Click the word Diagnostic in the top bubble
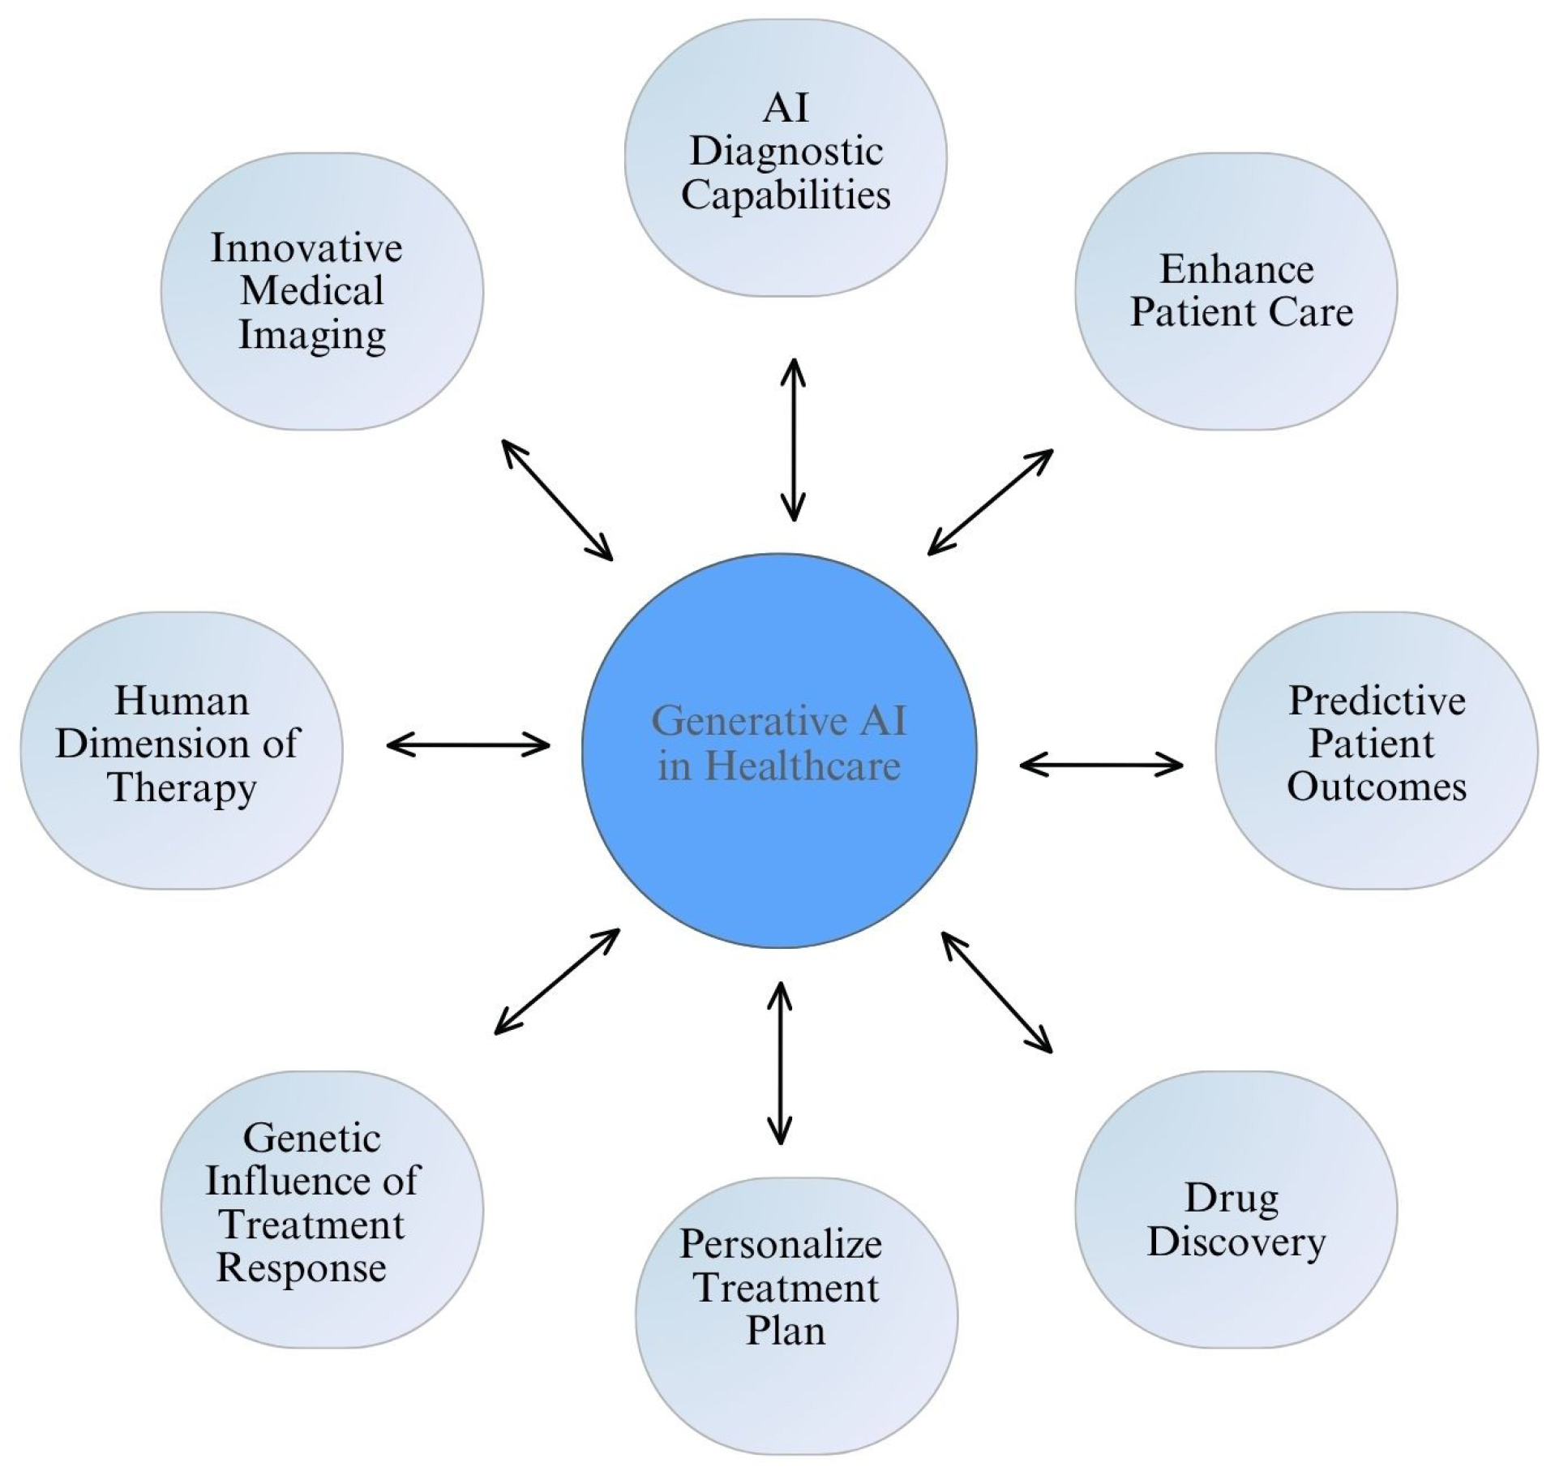coord(786,152)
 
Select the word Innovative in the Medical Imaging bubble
coord(306,248)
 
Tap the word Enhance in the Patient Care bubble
coord(1236,269)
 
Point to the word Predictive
coord(1377,701)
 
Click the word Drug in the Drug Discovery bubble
coord(1232,1199)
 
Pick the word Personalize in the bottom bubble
coord(780,1244)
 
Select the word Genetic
coord(311,1138)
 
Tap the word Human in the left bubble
coord(182,701)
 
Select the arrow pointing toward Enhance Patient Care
coord(990,502)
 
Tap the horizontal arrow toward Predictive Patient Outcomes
coord(1101,764)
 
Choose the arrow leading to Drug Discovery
coord(996,992)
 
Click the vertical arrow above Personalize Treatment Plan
coord(780,1063)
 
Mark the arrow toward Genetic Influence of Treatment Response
coord(557,981)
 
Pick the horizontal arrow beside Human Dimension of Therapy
coord(468,744)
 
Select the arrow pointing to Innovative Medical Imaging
coord(557,500)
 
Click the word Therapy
coord(182,788)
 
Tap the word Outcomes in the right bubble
coord(1377,787)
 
